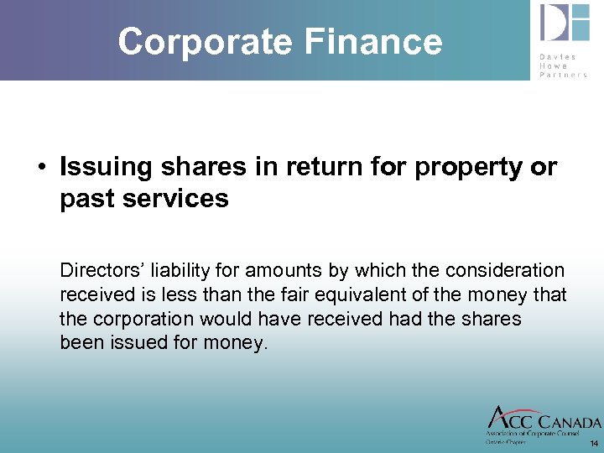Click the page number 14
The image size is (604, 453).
(594, 443)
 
